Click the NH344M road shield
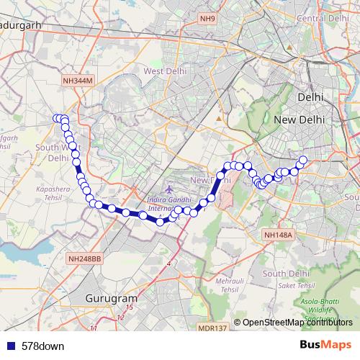(x=78, y=82)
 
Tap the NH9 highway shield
(x=208, y=18)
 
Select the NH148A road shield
(x=277, y=235)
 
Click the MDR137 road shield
(x=212, y=328)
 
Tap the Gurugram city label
(x=111, y=297)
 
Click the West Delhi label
(x=166, y=71)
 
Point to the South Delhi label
(x=286, y=274)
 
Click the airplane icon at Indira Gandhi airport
(x=168, y=189)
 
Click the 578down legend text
(x=43, y=346)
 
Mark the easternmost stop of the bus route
(x=303, y=160)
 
